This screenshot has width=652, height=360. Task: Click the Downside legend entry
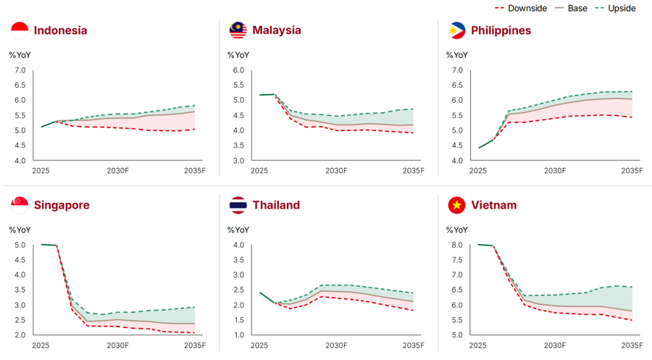521,8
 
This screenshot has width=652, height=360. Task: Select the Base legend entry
571,8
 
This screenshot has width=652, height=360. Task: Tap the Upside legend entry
615,8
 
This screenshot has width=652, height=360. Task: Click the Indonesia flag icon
20,30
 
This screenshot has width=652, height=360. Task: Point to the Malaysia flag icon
238,30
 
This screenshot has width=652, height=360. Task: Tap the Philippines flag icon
456,30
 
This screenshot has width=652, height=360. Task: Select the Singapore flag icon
20,205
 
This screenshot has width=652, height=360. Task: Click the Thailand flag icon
238,205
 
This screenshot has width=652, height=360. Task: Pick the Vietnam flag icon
456,205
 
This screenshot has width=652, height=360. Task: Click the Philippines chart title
501,30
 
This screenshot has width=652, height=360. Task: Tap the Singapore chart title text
62,206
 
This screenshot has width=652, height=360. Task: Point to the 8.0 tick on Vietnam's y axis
457,245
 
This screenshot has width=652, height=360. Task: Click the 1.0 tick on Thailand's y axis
238,335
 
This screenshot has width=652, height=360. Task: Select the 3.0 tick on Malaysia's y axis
238,161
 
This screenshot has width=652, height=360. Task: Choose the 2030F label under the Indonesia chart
117,171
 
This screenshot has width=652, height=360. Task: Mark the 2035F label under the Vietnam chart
632,346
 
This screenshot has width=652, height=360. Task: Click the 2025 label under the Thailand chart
259,346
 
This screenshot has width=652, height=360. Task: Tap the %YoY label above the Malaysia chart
238,55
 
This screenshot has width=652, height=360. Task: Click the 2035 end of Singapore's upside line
195,307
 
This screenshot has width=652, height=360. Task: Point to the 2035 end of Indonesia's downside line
195,129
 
